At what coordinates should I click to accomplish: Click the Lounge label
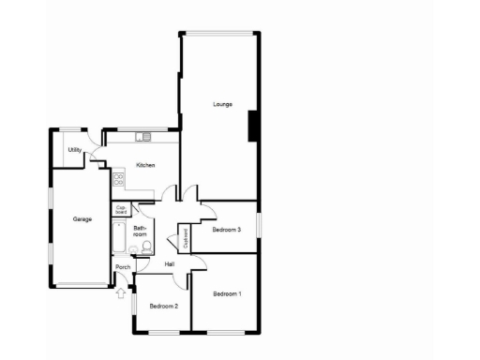tap(222, 104)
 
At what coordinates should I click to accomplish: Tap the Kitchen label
tap(145, 166)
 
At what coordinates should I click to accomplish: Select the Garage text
tap(82, 219)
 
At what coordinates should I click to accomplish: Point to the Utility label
tap(74, 150)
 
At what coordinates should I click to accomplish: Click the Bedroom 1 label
tap(227, 294)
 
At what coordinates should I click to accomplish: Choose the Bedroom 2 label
tap(163, 306)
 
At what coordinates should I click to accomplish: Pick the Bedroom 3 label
tap(227, 230)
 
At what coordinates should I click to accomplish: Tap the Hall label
tap(170, 263)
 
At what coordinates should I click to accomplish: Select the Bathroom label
tap(140, 232)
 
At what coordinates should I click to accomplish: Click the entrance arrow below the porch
tap(120, 293)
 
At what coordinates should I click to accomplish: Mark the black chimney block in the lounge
tap(252, 126)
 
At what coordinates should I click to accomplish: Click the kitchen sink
tap(142, 138)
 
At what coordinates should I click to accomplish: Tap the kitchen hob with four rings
tap(118, 178)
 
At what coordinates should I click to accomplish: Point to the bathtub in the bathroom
tap(119, 240)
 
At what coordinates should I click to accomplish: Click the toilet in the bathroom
tap(146, 248)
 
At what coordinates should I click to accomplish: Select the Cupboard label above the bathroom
tap(121, 211)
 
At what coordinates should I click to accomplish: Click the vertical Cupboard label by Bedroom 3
tap(186, 238)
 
